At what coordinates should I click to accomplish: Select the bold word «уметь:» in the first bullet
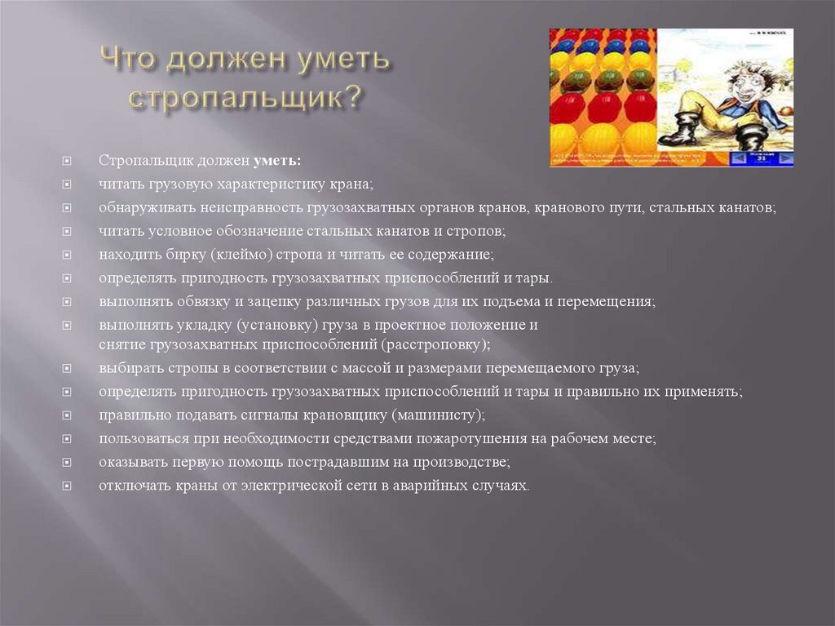277,160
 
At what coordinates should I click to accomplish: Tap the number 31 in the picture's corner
762,158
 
